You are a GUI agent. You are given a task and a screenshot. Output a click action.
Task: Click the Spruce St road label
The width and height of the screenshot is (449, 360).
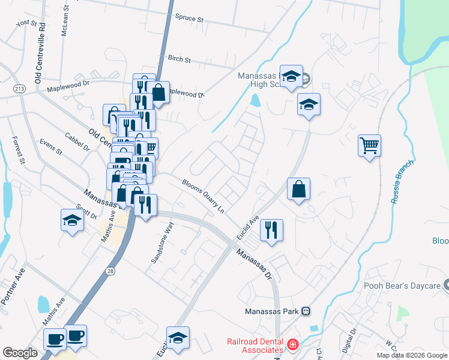click(x=189, y=19)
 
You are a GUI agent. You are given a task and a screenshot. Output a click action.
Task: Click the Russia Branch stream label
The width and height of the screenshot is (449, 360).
click(x=403, y=182)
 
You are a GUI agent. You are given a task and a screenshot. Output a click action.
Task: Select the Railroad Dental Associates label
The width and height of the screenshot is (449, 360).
click(x=255, y=346)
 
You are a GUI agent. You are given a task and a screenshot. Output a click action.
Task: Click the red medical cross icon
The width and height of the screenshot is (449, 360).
click(x=292, y=345)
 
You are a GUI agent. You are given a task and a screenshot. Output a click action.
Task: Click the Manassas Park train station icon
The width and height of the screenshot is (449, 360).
click(x=306, y=311)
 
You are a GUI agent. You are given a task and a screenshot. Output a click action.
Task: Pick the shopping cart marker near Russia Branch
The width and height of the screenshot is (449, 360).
click(x=369, y=145)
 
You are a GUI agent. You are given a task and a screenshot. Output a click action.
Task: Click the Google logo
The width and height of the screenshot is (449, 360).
click(x=20, y=353)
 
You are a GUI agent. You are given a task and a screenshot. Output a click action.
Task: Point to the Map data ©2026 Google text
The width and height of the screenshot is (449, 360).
click(x=411, y=355)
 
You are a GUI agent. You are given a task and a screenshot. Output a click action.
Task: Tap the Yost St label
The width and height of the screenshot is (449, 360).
click(x=26, y=23)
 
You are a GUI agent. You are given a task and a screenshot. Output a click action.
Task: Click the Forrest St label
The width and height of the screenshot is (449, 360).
click(x=19, y=150)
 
